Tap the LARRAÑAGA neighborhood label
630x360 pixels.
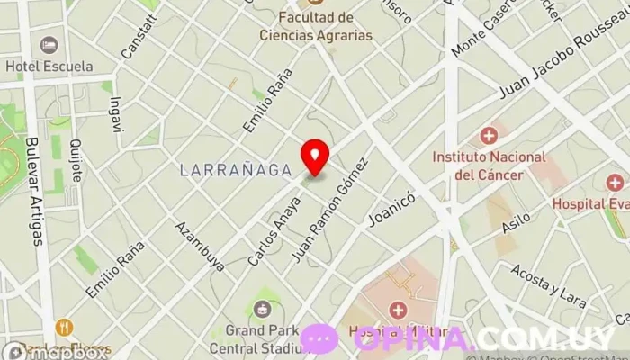click(236, 168)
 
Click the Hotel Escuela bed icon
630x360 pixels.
click(49, 45)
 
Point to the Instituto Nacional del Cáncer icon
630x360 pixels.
click(489, 136)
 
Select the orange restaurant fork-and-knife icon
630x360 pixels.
click(64, 328)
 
